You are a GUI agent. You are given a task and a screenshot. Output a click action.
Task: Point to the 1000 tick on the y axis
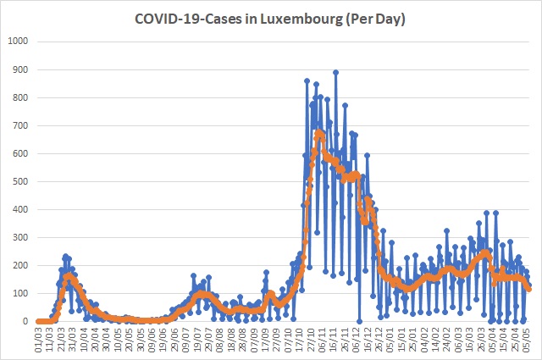18,42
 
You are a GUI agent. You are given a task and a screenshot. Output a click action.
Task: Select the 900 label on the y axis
20,69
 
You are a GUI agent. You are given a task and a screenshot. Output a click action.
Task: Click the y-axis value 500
20,181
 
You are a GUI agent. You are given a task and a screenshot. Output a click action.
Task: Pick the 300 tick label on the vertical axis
20,237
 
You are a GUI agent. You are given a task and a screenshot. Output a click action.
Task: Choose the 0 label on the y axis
25,321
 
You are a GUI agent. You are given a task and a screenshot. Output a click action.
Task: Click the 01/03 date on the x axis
39,341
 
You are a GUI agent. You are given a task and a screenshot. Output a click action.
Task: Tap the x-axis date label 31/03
73,341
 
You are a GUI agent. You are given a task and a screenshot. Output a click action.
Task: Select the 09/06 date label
152,341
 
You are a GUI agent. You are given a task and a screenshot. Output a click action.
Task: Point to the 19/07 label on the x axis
197,341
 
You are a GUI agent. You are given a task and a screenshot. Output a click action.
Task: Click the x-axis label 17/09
265,341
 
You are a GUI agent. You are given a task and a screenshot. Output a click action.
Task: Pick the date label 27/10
311,341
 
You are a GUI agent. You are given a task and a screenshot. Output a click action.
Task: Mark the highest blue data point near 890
335,72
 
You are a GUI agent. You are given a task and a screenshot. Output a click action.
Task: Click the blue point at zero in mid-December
359,321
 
